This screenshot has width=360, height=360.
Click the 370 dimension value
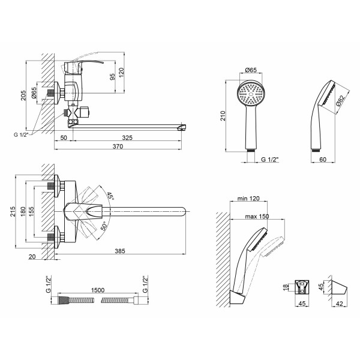118,146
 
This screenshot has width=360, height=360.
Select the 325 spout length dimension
127,137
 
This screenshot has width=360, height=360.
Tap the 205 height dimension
23,95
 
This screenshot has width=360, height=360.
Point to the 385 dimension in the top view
120,251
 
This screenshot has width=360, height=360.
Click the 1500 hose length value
98,290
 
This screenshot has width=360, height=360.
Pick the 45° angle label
110,196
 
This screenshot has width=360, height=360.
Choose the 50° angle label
104,226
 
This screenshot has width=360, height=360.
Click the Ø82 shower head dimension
340,101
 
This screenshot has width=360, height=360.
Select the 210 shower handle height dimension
223,116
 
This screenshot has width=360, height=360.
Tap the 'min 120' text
248,198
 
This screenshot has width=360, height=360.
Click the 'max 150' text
257,216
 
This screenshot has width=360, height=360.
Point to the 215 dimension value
13,211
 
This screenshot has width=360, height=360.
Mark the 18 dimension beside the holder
286,287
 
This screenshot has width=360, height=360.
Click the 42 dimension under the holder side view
339,304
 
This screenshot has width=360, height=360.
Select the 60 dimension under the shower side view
323,159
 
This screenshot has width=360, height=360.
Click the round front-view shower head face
251,94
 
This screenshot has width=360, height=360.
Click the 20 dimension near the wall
32,256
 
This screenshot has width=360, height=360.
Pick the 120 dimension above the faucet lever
121,72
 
